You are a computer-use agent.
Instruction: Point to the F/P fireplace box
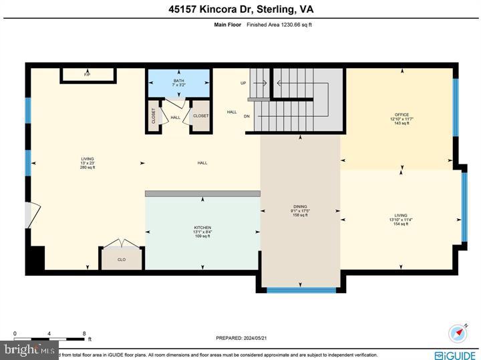pos(87,75)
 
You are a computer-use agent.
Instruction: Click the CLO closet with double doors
pos(122,258)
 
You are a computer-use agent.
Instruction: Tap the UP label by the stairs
pos(243,83)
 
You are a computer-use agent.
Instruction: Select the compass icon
pos(458,332)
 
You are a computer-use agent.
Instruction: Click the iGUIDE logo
pos(457,353)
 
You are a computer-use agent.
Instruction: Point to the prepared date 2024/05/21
pos(242,338)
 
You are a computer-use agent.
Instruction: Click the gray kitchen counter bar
pos(202,194)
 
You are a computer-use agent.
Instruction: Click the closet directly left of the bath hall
pos(153,116)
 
